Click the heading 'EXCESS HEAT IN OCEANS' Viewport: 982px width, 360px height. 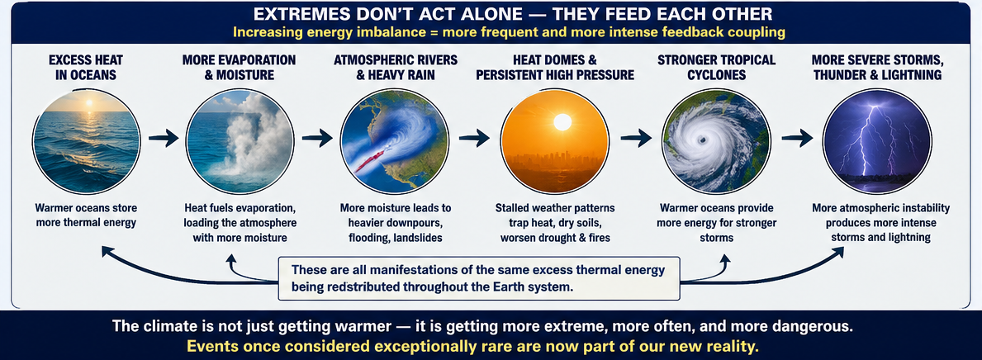pos(86,68)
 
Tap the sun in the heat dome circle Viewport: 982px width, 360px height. pos(562,121)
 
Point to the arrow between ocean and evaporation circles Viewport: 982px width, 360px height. pos(164,139)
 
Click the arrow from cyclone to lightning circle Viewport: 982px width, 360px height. pos(797,139)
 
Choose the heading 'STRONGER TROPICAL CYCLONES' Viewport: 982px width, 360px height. pos(716,68)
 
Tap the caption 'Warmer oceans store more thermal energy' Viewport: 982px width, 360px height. pos(86,214)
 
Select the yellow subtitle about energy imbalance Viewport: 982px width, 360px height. pos(491,31)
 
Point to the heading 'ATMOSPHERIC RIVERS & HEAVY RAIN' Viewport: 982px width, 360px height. pos(394,68)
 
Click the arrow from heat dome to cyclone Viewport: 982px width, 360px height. pos(638,139)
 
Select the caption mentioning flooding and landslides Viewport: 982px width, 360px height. pos(395,221)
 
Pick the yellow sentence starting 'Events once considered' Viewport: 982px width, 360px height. pos(491,346)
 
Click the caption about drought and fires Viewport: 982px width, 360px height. pos(555,221)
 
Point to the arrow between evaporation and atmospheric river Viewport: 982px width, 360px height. pos(317,139)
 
